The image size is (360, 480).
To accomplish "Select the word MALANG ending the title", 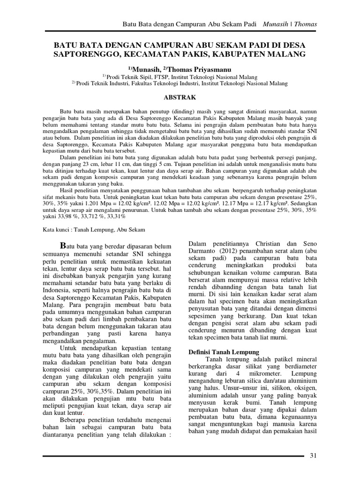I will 288,54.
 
